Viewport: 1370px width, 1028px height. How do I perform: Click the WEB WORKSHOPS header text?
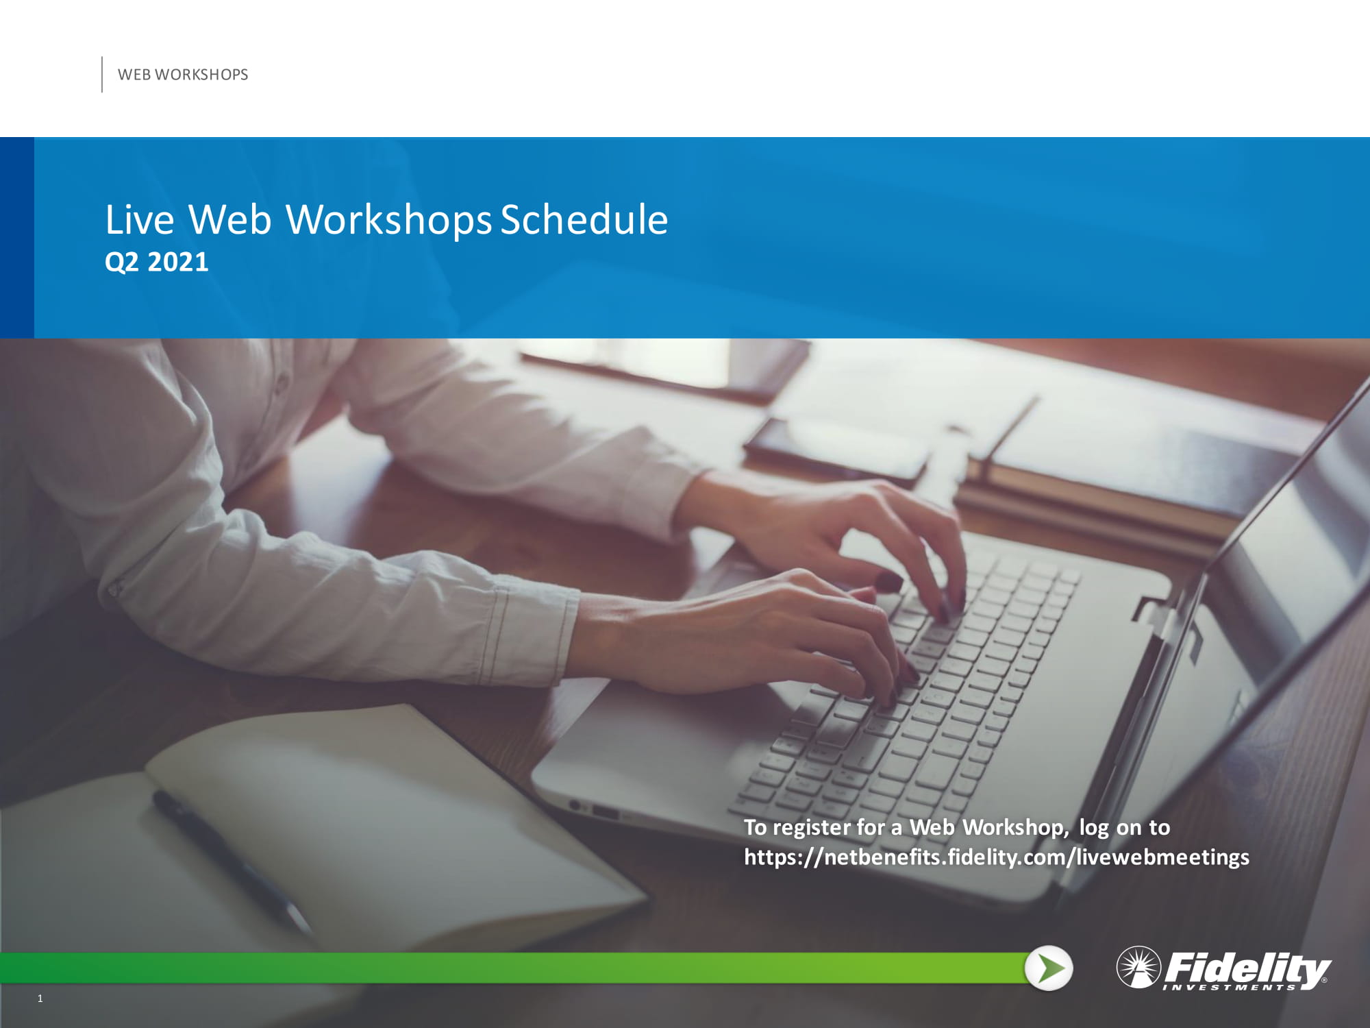point(183,75)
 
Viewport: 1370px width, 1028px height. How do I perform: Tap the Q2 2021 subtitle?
point(157,262)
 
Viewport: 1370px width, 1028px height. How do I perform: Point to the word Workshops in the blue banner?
point(388,221)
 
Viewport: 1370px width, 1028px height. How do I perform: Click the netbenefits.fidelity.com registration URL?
point(997,857)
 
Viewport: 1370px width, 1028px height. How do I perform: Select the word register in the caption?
point(812,828)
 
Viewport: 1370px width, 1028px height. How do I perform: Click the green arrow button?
point(1049,968)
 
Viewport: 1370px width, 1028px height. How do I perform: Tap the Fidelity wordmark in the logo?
point(1247,967)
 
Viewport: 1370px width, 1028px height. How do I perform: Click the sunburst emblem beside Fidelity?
point(1138,967)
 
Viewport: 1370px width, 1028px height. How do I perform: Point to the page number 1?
point(40,999)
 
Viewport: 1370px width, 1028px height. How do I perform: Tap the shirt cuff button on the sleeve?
point(114,588)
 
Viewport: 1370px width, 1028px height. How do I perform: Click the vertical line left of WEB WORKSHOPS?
point(102,74)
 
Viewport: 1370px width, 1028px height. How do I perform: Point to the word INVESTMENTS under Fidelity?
point(1230,988)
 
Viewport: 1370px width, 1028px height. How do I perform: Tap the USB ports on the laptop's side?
point(596,811)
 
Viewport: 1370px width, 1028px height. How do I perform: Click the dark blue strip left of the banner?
point(17,238)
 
